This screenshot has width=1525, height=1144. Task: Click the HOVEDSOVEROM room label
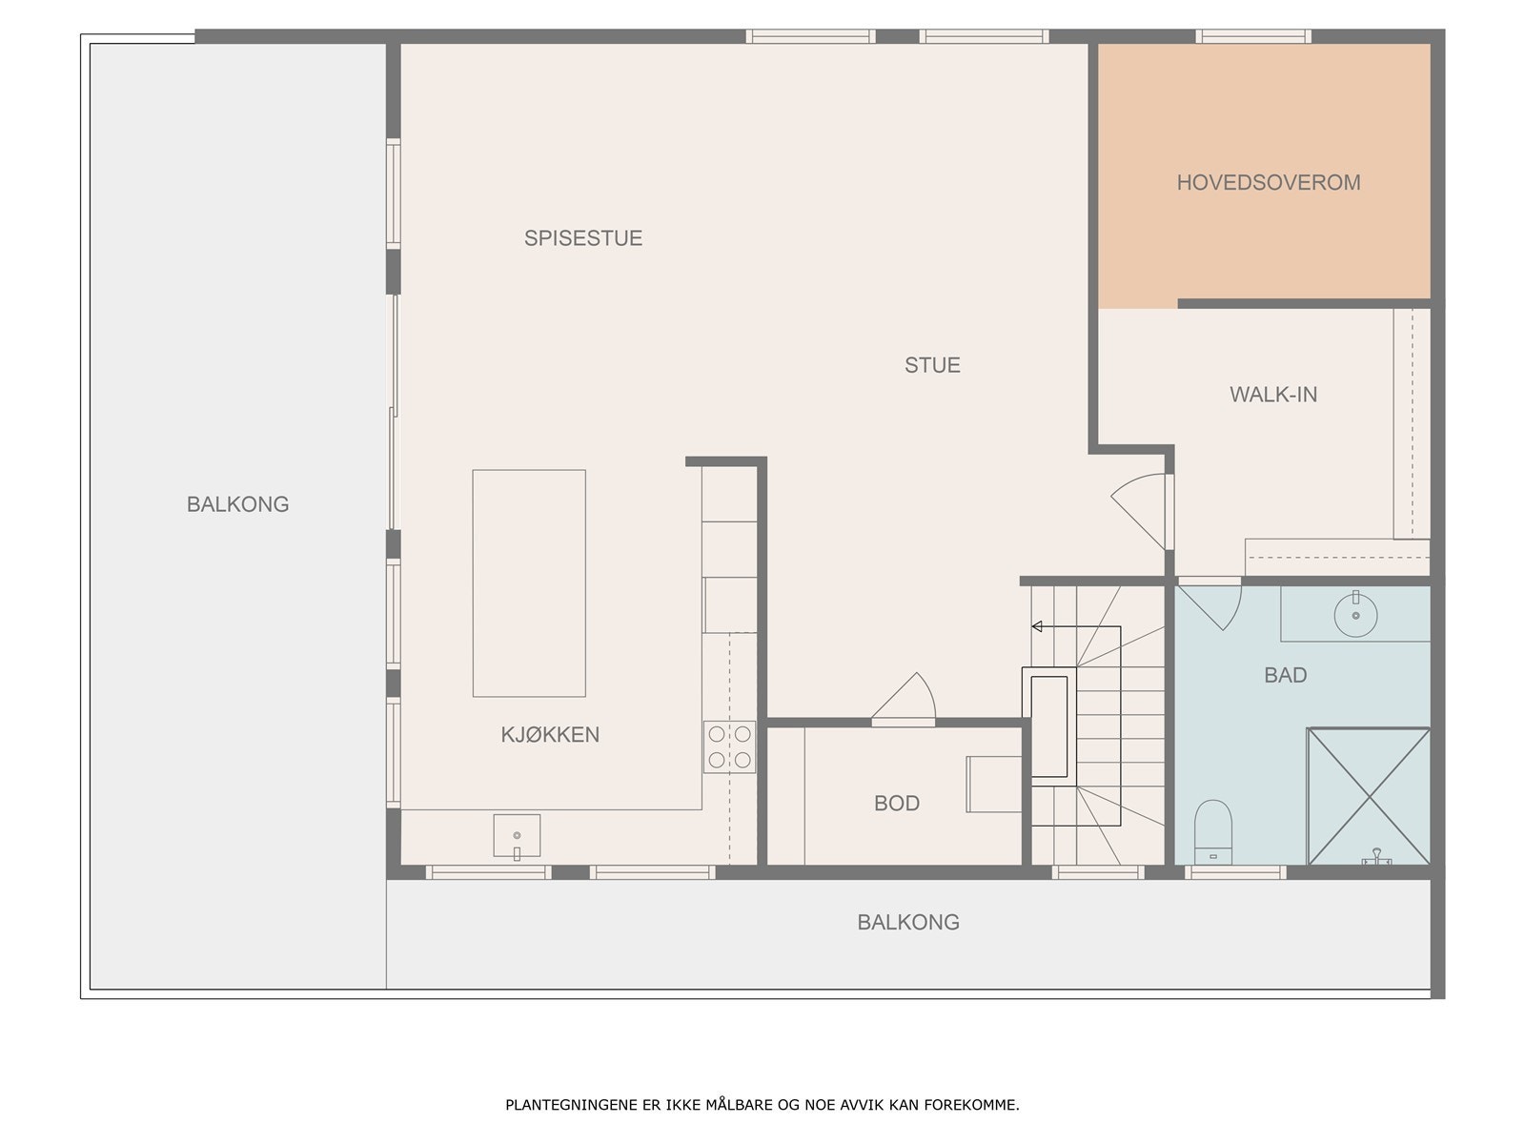point(1268,182)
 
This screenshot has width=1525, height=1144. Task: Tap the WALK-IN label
point(1272,394)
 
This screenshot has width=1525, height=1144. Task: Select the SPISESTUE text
point(582,237)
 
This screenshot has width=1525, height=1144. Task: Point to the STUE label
point(931,364)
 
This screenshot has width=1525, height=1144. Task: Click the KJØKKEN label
point(550,734)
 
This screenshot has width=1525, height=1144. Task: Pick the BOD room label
point(896,803)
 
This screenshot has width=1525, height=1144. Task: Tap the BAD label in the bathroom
point(1285,675)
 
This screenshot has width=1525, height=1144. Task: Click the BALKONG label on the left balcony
point(237,503)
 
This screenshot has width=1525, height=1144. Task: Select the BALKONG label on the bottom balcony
point(907,922)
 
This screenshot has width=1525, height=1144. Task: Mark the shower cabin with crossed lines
point(1369,796)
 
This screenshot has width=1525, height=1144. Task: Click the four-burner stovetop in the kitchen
point(729,746)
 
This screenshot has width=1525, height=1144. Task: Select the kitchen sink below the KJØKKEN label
point(517,835)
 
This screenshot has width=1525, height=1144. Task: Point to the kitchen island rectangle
point(529,582)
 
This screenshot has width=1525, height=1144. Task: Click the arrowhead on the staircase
point(1037,626)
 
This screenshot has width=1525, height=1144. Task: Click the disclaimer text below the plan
point(762,1105)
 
